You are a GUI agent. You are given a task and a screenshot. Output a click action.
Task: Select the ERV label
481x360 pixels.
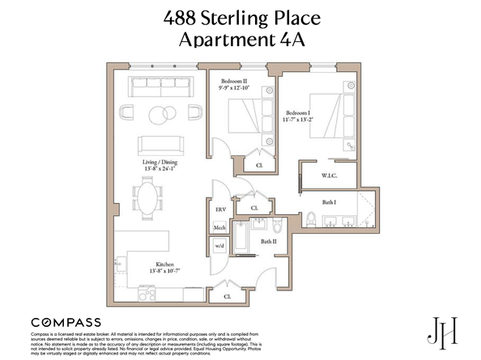coord(219,210)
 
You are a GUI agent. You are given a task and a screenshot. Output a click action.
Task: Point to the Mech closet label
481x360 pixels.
coord(219,228)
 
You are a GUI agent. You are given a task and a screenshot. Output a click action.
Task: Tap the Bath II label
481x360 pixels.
coord(268,241)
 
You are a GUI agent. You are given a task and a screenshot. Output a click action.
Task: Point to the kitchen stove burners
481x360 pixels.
coord(120,261)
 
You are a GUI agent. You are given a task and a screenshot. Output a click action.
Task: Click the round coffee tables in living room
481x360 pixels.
coord(160,113)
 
